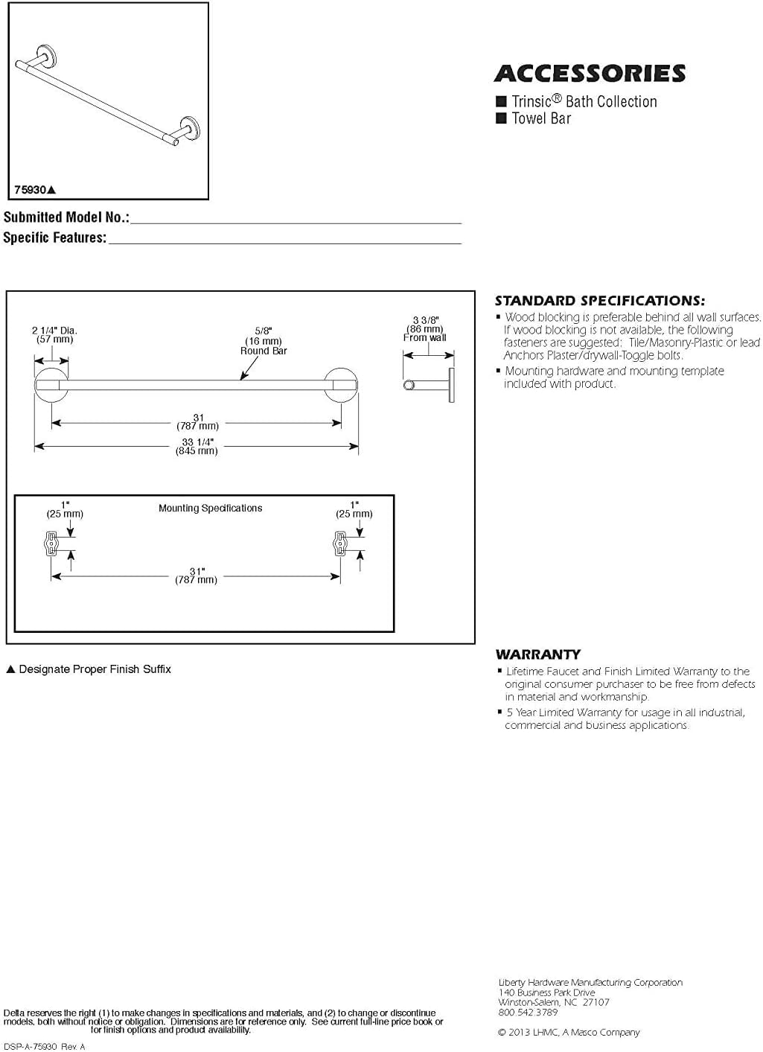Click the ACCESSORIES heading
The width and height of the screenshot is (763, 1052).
(x=590, y=74)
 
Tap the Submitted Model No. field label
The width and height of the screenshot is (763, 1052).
(x=66, y=217)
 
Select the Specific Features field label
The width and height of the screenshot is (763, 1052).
(x=55, y=238)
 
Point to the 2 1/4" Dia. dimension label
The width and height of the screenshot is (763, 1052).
(x=54, y=334)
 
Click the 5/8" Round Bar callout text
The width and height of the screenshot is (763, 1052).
(x=264, y=340)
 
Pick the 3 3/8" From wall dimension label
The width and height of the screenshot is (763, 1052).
(x=425, y=328)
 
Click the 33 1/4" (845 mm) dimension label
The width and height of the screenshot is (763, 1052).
(x=197, y=446)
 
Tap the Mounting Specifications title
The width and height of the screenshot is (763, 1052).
(x=211, y=509)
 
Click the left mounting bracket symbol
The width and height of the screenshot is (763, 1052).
(x=51, y=543)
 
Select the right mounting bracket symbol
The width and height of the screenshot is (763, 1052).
(x=340, y=543)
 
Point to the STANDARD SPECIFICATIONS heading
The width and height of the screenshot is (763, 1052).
(x=599, y=301)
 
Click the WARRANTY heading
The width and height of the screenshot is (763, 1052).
(x=538, y=654)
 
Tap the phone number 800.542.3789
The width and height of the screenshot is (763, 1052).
(x=528, y=1013)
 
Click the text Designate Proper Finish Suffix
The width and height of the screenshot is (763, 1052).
(x=95, y=669)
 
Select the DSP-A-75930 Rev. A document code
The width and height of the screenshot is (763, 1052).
(x=45, y=1047)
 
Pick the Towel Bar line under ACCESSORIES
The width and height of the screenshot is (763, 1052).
(x=541, y=118)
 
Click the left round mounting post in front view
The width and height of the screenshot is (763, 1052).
(x=51, y=385)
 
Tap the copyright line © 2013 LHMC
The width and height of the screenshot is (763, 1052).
(x=569, y=1033)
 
